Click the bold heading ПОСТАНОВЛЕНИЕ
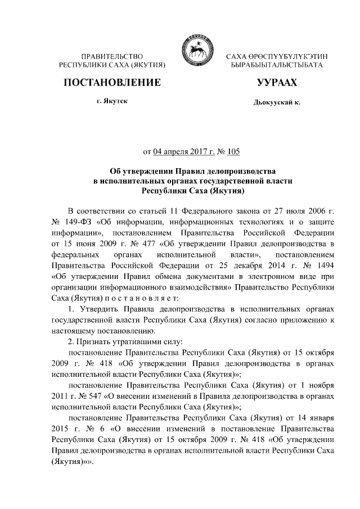(x=111, y=83)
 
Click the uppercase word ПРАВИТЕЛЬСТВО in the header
(x=111, y=57)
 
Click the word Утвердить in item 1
(x=98, y=309)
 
